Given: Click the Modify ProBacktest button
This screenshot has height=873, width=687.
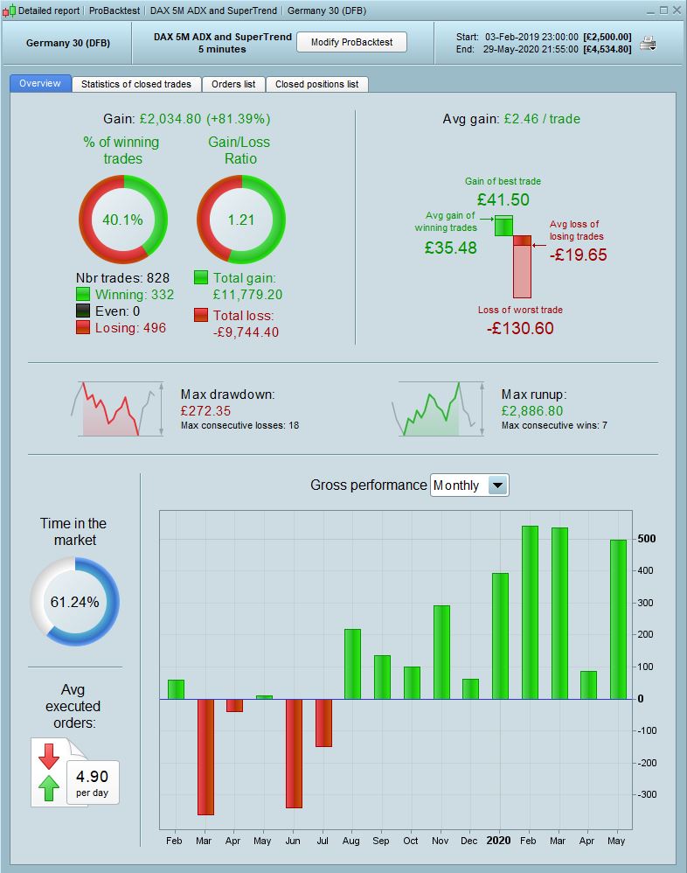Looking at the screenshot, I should pyautogui.click(x=352, y=42).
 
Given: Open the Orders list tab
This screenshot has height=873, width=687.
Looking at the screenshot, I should pyautogui.click(x=233, y=84).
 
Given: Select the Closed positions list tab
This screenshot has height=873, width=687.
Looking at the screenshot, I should pyautogui.click(x=316, y=84).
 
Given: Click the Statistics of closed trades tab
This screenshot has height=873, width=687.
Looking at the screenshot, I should pyautogui.click(x=135, y=84).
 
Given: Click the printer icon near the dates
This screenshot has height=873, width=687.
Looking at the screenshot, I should pyautogui.click(x=648, y=43).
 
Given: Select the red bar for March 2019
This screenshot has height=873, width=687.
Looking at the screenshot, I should pyautogui.click(x=205, y=757).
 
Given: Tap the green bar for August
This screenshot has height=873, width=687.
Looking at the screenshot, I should pyautogui.click(x=352, y=664).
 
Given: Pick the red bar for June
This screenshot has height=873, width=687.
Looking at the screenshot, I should pyautogui.click(x=294, y=753).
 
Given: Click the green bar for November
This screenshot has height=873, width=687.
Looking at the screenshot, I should pyautogui.click(x=441, y=652).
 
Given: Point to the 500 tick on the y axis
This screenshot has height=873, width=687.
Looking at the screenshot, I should pyautogui.click(x=645, y=538).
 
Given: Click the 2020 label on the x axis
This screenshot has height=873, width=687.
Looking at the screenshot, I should pyautogui.click(x=499, y=841).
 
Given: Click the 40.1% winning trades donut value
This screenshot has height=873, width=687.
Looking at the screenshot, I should pyautogui.click(x=123, y=220).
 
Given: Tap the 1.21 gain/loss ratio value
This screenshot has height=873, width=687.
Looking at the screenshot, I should pyautogui.click(x=240, y=220).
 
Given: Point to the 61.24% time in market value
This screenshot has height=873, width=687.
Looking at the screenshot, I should pyautogui.click(x=74, y=602).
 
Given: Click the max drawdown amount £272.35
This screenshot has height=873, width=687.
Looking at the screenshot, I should pyautogui.click(x=205, y=410).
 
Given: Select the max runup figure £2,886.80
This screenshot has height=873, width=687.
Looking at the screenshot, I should pyautogui.click(x=532, y=410).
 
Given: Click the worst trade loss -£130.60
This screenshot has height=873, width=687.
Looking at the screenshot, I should pyautogui.click(x=520, y=328).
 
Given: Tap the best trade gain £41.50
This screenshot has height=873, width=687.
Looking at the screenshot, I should pyautogui.click(x=503, y=199).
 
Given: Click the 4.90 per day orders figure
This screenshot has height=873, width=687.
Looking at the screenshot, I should pyautogui.click(x=92, y=776).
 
